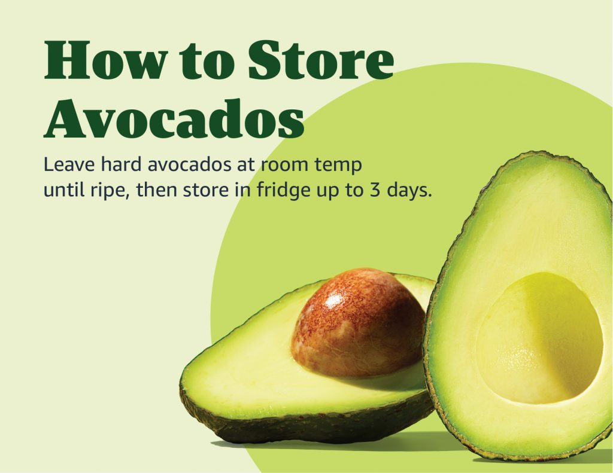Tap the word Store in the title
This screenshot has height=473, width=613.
[321, 60]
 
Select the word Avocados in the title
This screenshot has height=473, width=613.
[174, 118]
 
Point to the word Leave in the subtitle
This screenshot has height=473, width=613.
[69, 164]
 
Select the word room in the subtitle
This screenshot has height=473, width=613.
[284, 165]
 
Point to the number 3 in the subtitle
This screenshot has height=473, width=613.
[375, 190]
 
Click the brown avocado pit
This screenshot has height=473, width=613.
[358, 323]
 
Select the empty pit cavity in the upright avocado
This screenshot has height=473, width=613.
[539, 338]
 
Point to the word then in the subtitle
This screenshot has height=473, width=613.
[156, 190]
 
